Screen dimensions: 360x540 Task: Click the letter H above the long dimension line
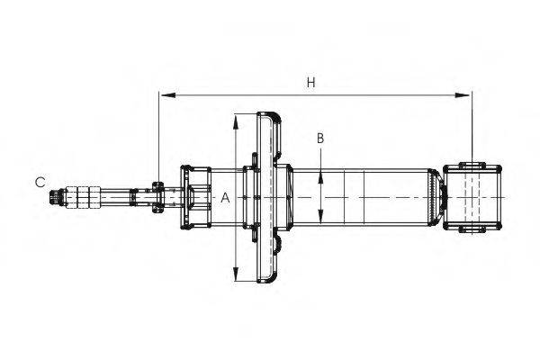point(310,83)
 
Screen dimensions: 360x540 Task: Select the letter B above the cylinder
point(319,139)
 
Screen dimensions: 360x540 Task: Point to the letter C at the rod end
point(40,182)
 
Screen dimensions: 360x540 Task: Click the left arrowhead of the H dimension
point(164,94)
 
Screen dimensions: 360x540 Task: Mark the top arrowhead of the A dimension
point(236,118)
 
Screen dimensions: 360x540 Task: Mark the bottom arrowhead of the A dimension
point(236,276)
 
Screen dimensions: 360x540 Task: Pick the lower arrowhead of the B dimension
point(320,220)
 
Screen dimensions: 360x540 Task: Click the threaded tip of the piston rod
point(60,196)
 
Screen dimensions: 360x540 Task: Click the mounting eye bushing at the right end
point(472,197)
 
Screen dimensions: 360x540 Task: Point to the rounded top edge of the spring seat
point(268,114)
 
